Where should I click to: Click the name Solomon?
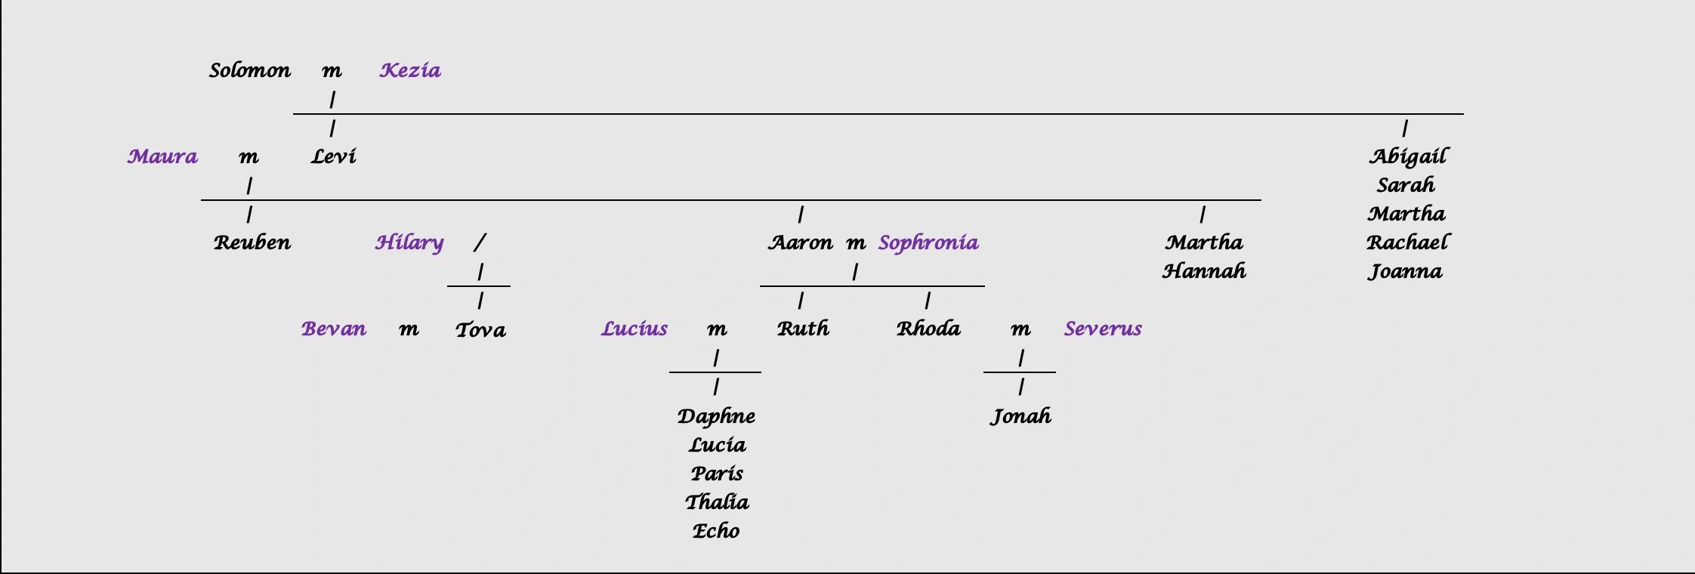pos(249,71)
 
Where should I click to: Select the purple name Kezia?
pos(410,71)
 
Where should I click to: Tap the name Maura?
pos(162,157)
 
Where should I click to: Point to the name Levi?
pos(333,157)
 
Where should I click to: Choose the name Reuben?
pos(252,243)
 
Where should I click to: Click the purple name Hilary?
pos(409,243)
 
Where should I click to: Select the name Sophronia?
pos(928,243)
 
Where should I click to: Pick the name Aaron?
pos(800,243)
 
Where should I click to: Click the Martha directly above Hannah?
pos(1203,243)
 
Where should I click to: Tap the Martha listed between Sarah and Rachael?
pos(1406,214)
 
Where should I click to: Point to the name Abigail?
pos(1407,157)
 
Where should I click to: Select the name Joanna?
pos(1405,272)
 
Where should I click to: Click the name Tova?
pos(480,330)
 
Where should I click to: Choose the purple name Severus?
pos(1103,329)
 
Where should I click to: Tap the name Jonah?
pos(1020,416)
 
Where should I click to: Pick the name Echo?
pos(715,531)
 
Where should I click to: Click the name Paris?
pos(716,474)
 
